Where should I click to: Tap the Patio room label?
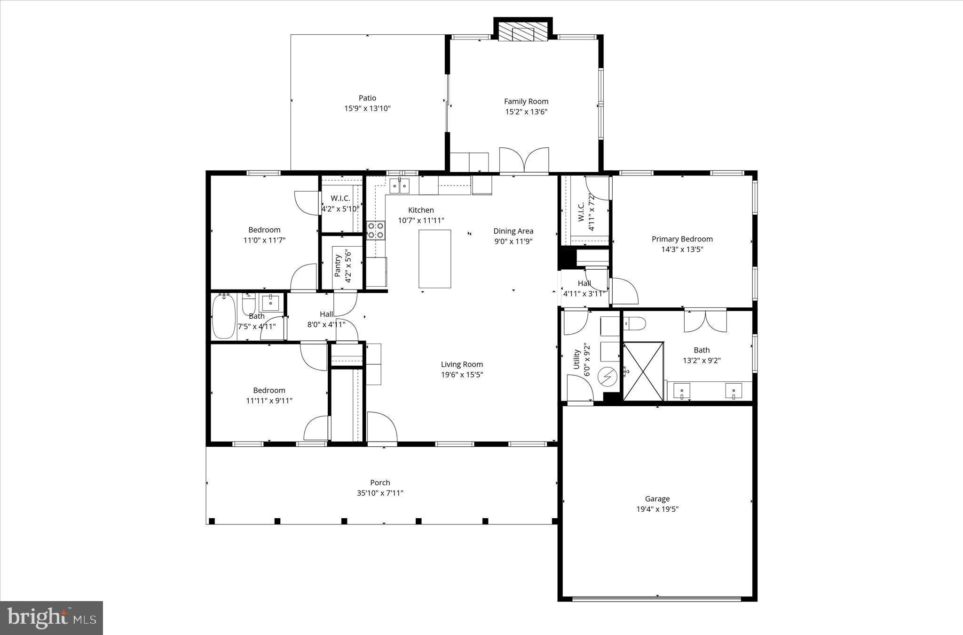(367, 98)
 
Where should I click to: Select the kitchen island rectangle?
(434, 259)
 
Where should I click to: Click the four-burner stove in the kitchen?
(375, 230)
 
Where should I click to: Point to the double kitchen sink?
(399, 186)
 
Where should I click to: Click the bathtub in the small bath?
(223, 315)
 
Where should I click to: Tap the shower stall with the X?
(643, 371)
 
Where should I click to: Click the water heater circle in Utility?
(607, 376)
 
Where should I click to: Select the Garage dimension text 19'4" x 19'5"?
(657, 509)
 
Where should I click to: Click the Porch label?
(380, 482)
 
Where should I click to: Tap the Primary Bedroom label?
(682, 239)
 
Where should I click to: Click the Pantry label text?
(338, 266)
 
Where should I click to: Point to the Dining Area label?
(513, 231)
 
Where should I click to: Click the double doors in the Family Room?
(524, 161)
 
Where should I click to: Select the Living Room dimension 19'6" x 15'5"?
(462, 375)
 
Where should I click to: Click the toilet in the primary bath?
(635, 324)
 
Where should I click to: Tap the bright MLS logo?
(51, 618)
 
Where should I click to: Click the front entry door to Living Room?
(381, 428)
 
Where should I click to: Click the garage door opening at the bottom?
(656, 599)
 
